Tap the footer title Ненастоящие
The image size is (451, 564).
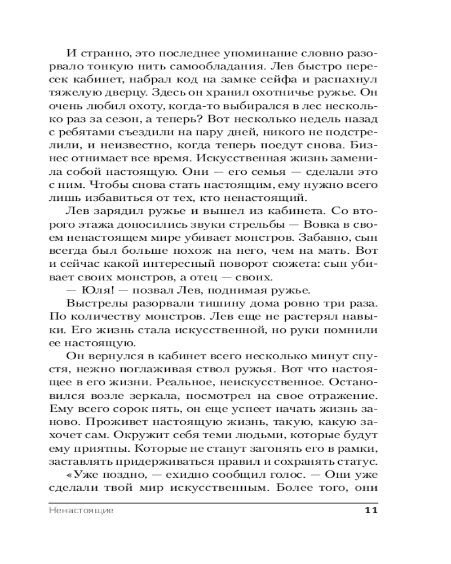point(82,511)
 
